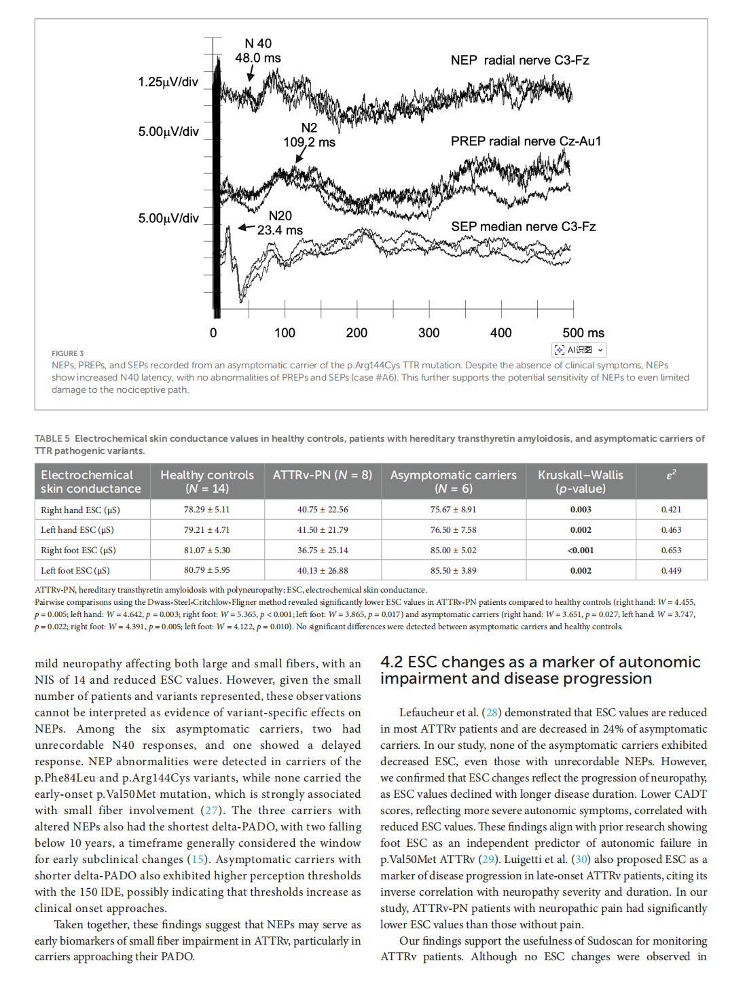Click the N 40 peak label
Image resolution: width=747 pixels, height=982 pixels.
258,43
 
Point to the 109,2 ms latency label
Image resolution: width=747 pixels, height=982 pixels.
309,142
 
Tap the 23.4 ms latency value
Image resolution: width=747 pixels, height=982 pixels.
280,230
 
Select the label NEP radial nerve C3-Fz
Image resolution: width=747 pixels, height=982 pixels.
520,60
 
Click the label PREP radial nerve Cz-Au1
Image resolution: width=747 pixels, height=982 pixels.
526,141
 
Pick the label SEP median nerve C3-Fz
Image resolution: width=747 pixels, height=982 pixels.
523,226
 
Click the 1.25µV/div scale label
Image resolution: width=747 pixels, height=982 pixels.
168,82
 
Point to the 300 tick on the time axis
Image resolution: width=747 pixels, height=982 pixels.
429,333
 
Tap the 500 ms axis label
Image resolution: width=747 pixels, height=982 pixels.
583,333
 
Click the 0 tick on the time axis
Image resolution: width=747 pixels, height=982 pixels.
213,333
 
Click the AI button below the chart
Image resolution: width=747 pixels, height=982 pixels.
579,350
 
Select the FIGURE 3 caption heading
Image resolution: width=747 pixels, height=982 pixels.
67,353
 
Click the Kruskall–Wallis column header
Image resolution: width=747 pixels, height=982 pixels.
580,481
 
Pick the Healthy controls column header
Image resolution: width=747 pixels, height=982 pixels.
206,481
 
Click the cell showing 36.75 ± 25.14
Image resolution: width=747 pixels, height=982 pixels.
323,550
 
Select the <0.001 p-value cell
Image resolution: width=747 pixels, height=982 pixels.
581,550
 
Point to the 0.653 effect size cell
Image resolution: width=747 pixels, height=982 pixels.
671,550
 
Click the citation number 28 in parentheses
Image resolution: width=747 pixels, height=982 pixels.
492,713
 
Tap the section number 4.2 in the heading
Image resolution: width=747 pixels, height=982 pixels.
392,662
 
